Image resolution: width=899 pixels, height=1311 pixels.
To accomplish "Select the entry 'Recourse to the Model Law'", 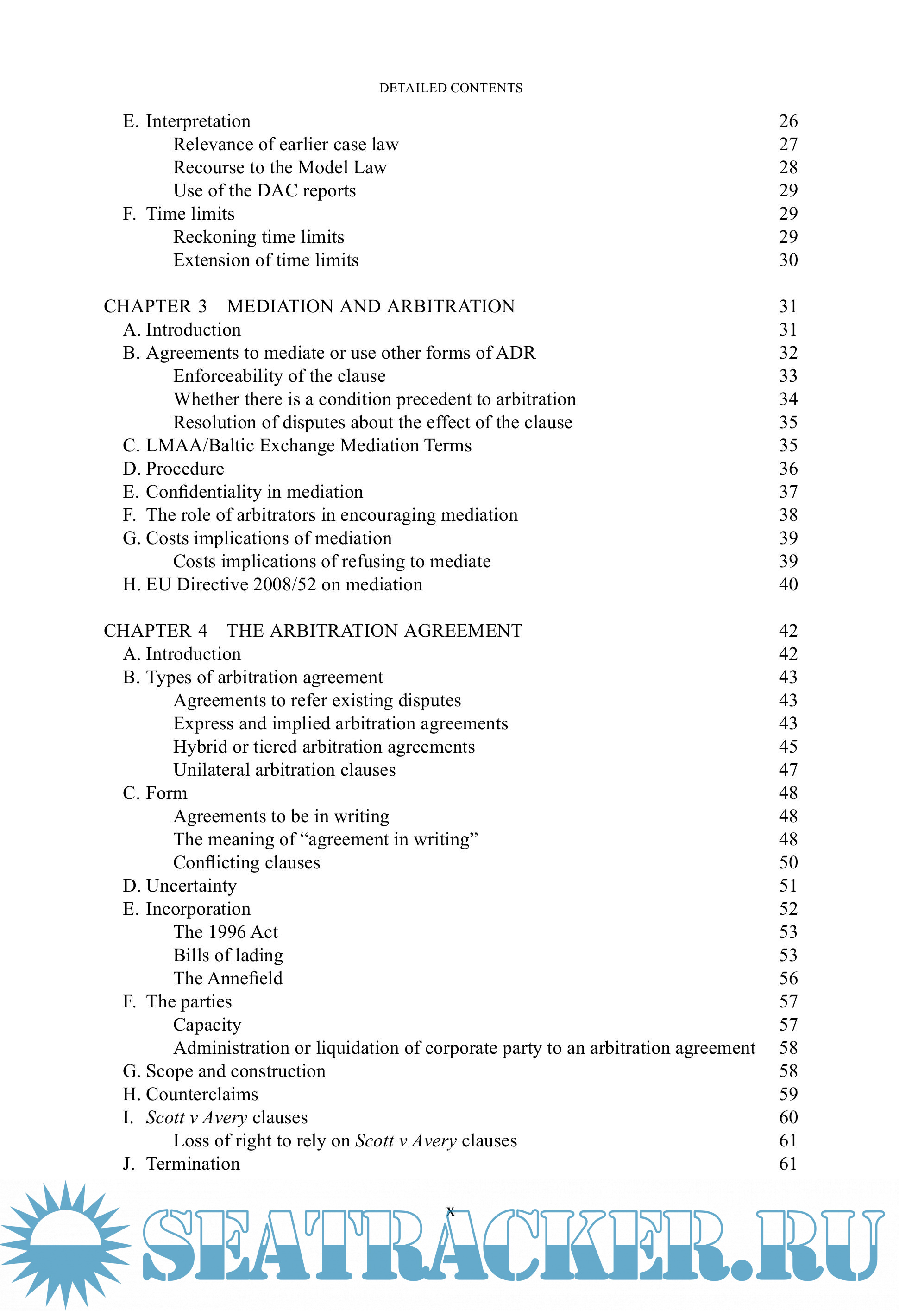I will [x=280, y=168].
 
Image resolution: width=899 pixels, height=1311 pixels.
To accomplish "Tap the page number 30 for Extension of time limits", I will [x=788, y=260].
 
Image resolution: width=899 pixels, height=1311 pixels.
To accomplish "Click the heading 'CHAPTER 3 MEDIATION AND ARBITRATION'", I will [x=309, y=306].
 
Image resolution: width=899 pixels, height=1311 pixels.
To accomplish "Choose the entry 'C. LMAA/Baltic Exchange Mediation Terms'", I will [x=297, y=446].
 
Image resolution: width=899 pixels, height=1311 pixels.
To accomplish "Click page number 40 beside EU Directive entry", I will [x=788, y=584].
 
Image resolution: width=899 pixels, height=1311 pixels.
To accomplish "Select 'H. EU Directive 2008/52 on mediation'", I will [x=272, y=584].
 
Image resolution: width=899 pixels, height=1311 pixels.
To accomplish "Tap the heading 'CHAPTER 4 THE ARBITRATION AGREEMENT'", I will [x=313, y=631].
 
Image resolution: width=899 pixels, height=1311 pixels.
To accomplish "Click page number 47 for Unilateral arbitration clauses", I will [x=788, y=770].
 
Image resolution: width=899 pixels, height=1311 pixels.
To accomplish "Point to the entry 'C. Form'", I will [x=155, y=793].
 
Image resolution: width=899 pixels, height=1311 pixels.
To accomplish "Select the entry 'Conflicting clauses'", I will [x=246, y=862].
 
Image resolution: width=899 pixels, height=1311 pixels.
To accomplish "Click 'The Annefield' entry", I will [x=228, y=978].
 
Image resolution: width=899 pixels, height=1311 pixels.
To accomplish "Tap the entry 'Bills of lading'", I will [x=228, y=955].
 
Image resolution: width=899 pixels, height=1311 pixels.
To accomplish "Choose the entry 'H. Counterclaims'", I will [x=190, y=1095].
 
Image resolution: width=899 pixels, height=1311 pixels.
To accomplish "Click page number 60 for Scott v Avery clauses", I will [x=788, y=1117].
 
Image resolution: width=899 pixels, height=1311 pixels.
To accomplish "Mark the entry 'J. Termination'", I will [x=182, y=1164].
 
